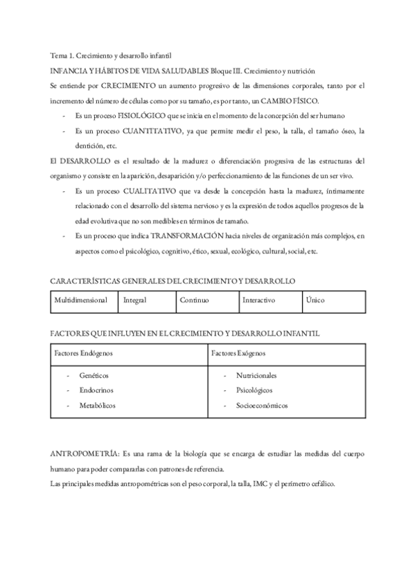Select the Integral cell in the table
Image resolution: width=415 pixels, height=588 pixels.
pos(134,300)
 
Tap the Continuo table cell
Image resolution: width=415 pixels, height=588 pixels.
pos(194,300)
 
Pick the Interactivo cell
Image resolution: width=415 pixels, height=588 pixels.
pos(258,300)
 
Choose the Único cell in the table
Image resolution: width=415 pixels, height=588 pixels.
pos(314,300)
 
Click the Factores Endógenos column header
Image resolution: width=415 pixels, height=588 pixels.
pos(84,353)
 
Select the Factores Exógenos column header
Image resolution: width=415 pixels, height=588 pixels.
pos(238,353)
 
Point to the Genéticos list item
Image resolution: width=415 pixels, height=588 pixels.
pos(94,375)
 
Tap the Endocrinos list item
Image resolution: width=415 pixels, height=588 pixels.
pos(96,390)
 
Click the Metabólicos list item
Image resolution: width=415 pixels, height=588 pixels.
pos(97,405)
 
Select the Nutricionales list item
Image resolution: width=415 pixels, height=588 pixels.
pos(256,375)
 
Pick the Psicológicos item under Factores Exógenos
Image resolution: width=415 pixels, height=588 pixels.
pos(254,390)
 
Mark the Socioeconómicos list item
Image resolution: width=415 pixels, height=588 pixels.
pos(261,405)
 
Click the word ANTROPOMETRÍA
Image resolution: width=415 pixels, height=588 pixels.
pos(85,453)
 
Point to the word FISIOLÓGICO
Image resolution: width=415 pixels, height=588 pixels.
pos(148,115)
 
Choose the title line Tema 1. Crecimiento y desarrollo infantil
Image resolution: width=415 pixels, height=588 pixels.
pos(111,55)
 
